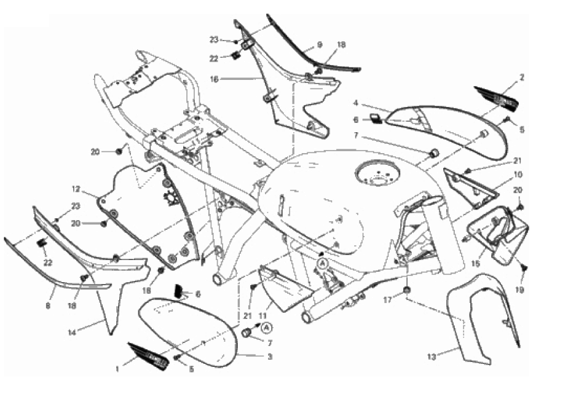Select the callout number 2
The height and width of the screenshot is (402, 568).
coord(522,78)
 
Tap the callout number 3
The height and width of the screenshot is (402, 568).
coord(269,357)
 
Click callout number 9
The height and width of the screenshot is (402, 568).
coord(320,45)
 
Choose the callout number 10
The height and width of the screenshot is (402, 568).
coord(518,174)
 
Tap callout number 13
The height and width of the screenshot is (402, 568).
coord(433,356)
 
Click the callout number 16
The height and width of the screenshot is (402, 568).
coord(213,79)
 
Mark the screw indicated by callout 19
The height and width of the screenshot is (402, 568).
coord(524,268)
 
